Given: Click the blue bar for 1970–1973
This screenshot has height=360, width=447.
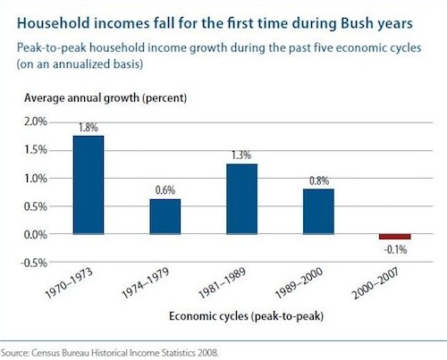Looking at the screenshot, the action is [89, 185].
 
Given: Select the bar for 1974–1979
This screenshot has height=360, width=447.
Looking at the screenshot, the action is [165, 216].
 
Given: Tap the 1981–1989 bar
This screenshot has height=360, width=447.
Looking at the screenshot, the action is [241, 199].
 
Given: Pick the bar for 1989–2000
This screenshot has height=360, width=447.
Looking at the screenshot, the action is [318, 212].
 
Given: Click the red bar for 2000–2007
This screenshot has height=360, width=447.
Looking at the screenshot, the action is [395, 237].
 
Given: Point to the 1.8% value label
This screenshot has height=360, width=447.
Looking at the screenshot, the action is [89, 128].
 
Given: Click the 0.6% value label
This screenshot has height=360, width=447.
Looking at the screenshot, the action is [165, 190].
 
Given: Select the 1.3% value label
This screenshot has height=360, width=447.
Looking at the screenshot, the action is [241, 155].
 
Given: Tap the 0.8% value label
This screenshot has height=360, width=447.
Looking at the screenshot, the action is [319, 180].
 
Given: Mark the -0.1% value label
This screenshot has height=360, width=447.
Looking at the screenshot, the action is [395, 249].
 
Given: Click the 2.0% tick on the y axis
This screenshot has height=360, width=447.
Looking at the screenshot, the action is [36, 121].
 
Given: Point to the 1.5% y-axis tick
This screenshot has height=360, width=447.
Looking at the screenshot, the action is [36, 150].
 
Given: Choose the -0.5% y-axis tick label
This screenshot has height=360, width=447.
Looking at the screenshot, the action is [34, 263].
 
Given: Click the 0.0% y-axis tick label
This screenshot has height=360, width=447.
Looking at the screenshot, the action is [36, 235].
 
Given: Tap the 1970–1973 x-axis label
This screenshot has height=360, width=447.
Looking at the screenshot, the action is [69, 282].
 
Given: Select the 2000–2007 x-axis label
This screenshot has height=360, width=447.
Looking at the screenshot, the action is [375, 282].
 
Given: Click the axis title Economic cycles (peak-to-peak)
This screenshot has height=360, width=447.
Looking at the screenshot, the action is [246, 316].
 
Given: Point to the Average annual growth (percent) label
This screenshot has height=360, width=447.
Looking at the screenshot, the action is [105, 97].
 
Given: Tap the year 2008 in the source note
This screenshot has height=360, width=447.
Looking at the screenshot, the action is [207, 353].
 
